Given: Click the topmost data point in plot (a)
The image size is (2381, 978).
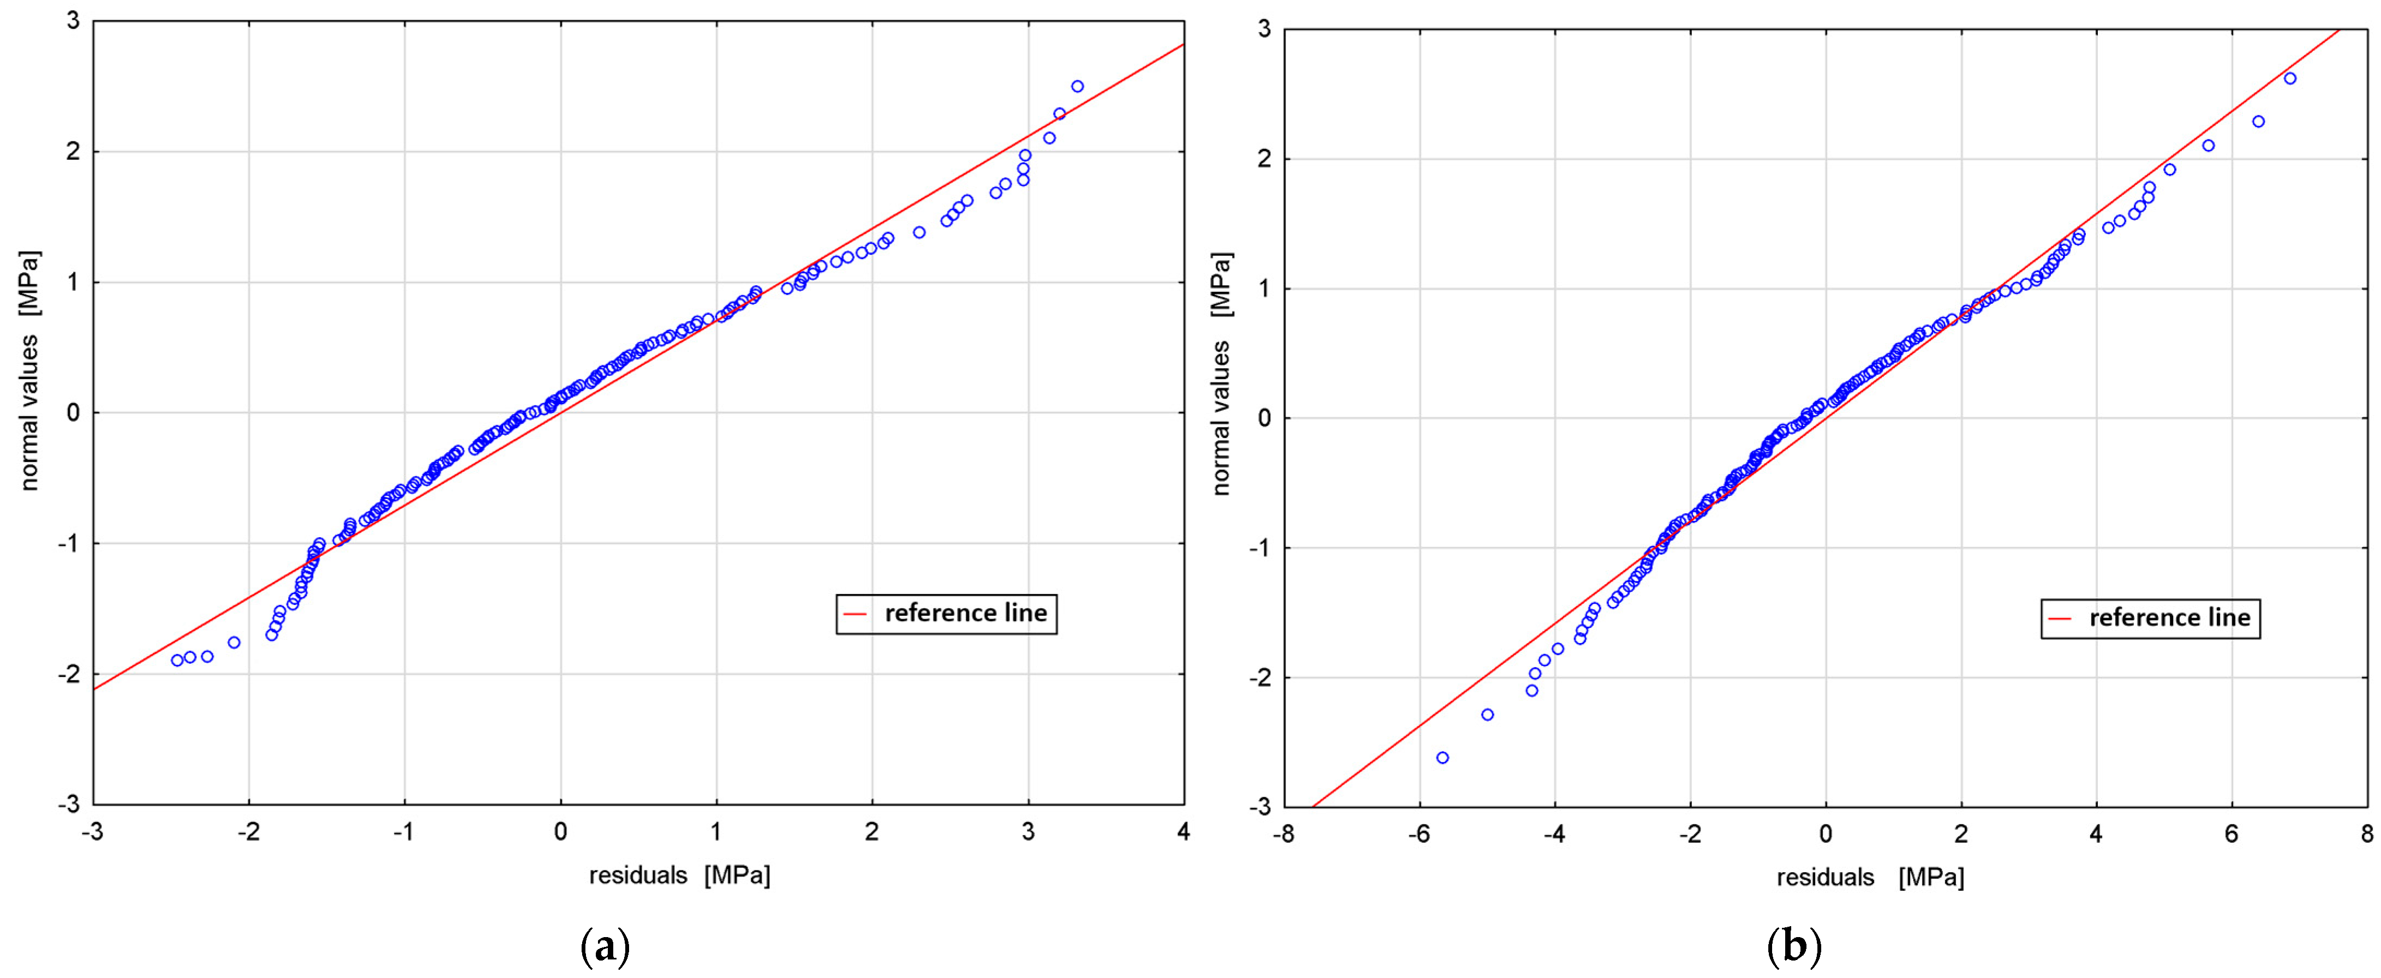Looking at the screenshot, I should [x=1077, y=86].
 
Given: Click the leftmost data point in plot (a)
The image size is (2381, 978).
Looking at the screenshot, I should [x=177, y=660].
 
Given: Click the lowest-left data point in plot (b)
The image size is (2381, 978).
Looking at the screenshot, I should [x=1442, y=758].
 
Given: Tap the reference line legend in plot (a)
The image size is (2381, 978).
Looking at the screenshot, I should [x=947, y=614].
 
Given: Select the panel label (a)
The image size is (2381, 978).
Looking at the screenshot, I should [x=606, y=947].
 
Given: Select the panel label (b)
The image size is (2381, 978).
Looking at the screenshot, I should [x=1794, y=947].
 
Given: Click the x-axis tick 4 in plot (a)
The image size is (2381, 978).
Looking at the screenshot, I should [x=1183, y=832].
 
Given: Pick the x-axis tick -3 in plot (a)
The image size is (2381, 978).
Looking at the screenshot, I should [x=92, y=832].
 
